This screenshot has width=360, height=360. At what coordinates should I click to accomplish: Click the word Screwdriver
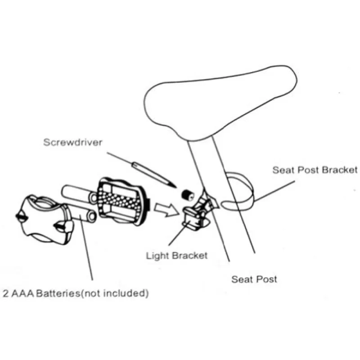(73, 142)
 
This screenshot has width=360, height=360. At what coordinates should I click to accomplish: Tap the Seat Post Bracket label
(315, 170)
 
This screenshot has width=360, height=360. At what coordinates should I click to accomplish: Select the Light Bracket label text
(177, 256)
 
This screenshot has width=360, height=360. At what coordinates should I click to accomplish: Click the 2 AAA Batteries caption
(76, 293)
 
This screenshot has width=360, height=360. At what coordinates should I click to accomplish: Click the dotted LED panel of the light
(119, 201)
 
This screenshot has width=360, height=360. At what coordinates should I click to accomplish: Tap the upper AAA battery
(79, 194)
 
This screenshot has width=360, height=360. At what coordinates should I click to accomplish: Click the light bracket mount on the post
(198, 211)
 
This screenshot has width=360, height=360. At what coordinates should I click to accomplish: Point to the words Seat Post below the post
(254, 279)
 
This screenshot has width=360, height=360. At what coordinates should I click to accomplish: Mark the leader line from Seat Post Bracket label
(274, 191)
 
